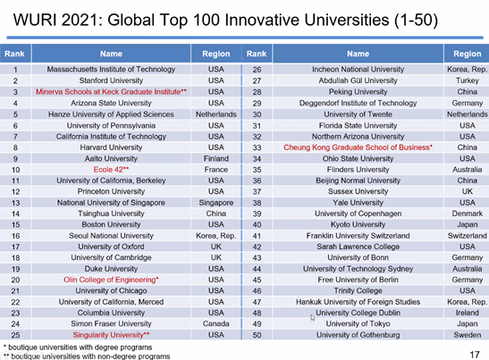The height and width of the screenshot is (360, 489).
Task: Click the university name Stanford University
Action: (x=111, y=80)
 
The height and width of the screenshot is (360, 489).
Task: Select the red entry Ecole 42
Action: (x=111, y=170)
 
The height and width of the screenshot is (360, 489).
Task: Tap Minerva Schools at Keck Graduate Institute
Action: (x=111, y=92)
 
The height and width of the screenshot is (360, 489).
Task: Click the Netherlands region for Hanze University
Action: (x=216, y=114)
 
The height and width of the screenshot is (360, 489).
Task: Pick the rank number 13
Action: (x=15, y=203)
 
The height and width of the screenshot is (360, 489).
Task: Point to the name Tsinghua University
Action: (x=111, y=213)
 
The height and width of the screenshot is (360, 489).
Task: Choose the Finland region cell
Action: (x=216, y=159)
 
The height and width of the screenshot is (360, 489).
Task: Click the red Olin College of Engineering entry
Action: (x=111, y=280)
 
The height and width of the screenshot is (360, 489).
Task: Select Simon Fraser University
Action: (x=111, y=324)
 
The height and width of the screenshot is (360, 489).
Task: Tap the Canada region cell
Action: (x=216, y=324)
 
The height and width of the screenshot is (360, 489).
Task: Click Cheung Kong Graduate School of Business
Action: (x=358, y=147)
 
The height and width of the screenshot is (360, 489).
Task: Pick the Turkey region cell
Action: (x=468, y=80)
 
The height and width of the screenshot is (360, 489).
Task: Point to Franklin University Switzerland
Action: (x=358, y=236)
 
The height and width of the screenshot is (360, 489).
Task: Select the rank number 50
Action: (x=257, y=335)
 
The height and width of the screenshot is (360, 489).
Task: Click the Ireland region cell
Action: (x=468, y=313)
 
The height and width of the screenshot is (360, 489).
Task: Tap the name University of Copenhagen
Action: (x=358, y=213)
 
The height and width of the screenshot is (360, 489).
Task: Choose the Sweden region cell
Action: (x=468, y=335)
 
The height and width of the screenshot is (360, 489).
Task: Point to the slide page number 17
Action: (x=475, y=355)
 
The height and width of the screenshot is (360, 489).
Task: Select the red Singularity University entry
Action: (x=111, y=335)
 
